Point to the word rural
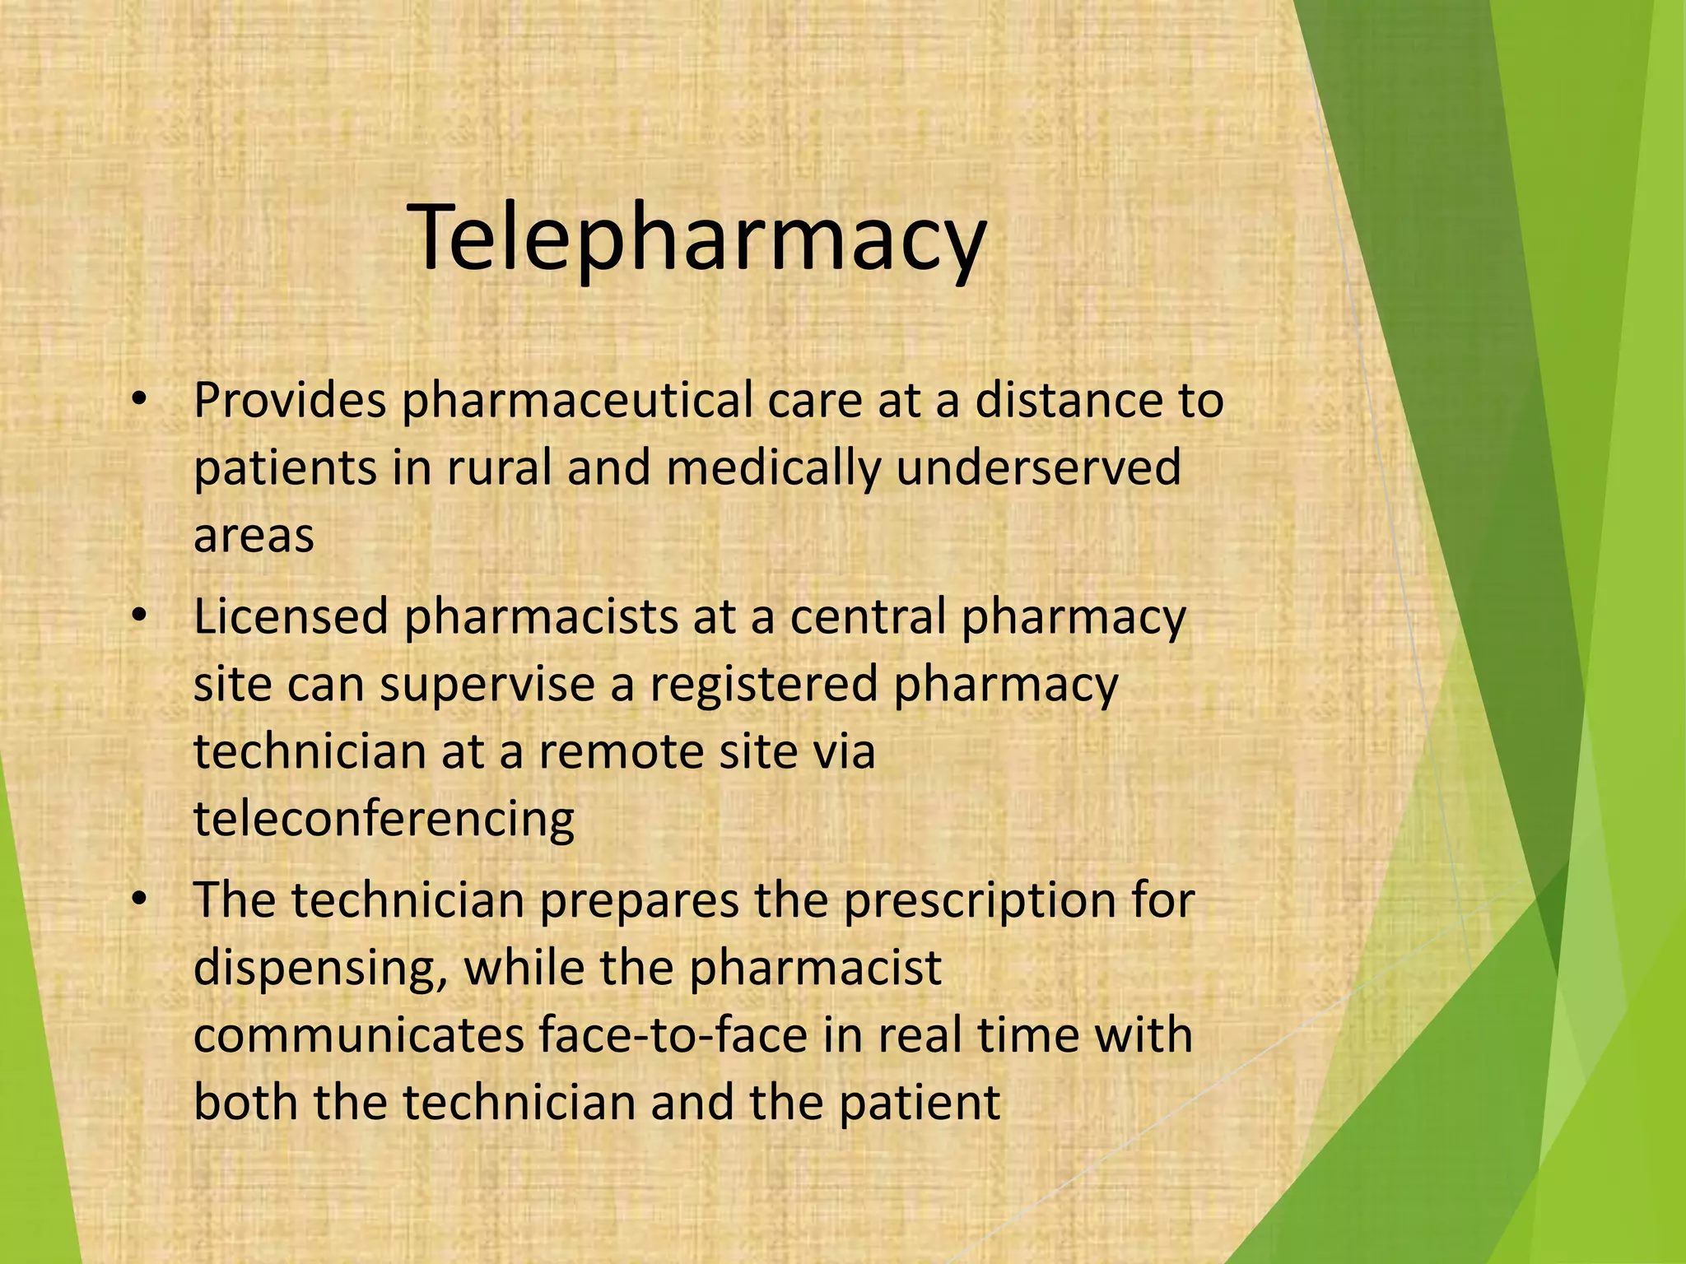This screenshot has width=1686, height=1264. [500, 467]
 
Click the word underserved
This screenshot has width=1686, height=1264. [1038, 467]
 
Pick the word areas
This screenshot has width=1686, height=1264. [254, 535]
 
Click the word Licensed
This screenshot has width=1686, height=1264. [290, 617]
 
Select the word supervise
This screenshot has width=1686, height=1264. [487, 684]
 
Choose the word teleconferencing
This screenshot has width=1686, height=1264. [384, 820]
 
